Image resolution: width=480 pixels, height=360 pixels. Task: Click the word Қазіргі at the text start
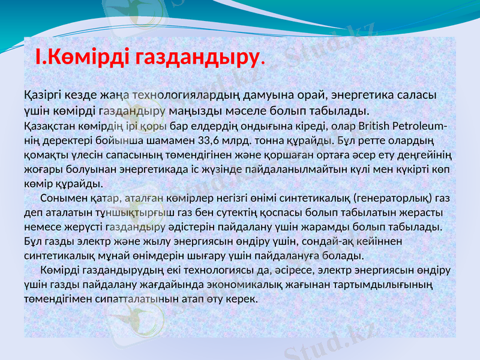point(43,95)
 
